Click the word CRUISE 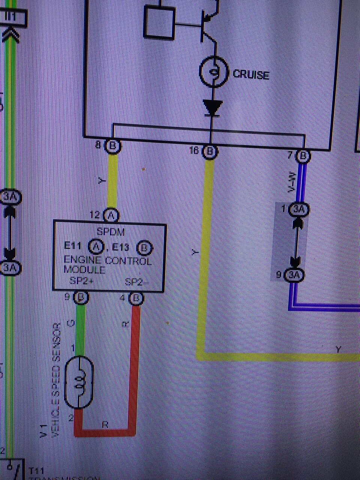click(x=251, y=74)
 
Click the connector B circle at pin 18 click(x=210, y=151)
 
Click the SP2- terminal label click(x=134, y=282)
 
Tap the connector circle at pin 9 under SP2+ click(x=81, y=298)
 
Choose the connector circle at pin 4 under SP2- click(x=136, y=299)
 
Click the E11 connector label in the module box click(x=72, y=246)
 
